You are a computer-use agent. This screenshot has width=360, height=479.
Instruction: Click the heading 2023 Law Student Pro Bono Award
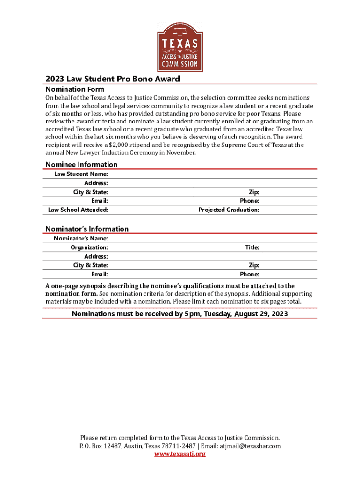[112, 79]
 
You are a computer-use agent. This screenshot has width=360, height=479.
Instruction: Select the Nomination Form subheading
[74, 89]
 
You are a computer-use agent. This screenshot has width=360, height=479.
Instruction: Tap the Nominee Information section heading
[81, 164]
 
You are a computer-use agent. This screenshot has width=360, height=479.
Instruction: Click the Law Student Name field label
[81, 174]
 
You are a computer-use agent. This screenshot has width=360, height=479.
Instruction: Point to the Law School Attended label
[78, 210]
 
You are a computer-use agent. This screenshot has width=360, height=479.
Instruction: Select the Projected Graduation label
[229, 210]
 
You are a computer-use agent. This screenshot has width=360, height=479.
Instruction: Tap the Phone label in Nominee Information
[250, 201]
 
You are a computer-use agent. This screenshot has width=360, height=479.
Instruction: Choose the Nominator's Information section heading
[86, 229]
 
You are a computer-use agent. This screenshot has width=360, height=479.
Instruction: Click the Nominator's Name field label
[81, 238]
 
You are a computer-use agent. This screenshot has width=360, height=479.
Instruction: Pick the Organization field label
[89, 247]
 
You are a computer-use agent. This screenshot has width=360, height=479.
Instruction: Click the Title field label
[252, 247]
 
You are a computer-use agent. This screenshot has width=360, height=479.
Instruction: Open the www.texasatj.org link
[180, 453]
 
